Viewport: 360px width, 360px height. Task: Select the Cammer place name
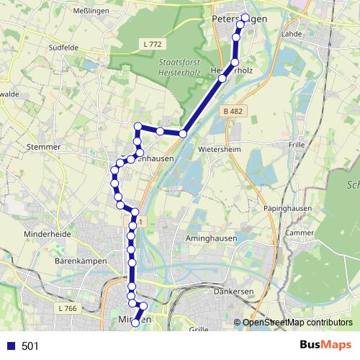[x=301, y=233]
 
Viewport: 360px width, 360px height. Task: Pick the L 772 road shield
[x=151, y=45]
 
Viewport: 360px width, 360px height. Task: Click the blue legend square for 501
[x=9, y=346]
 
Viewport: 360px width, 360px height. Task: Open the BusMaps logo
[x=325, y=346]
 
